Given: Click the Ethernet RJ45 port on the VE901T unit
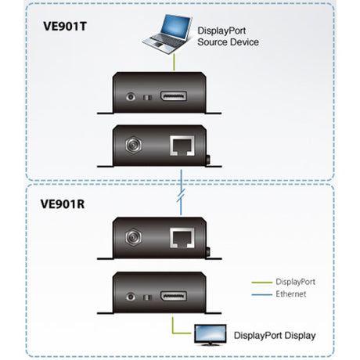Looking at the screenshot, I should click(182, 145).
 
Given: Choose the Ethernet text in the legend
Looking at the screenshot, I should click(291, 294).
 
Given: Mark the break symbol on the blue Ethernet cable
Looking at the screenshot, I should click(182, 193).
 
